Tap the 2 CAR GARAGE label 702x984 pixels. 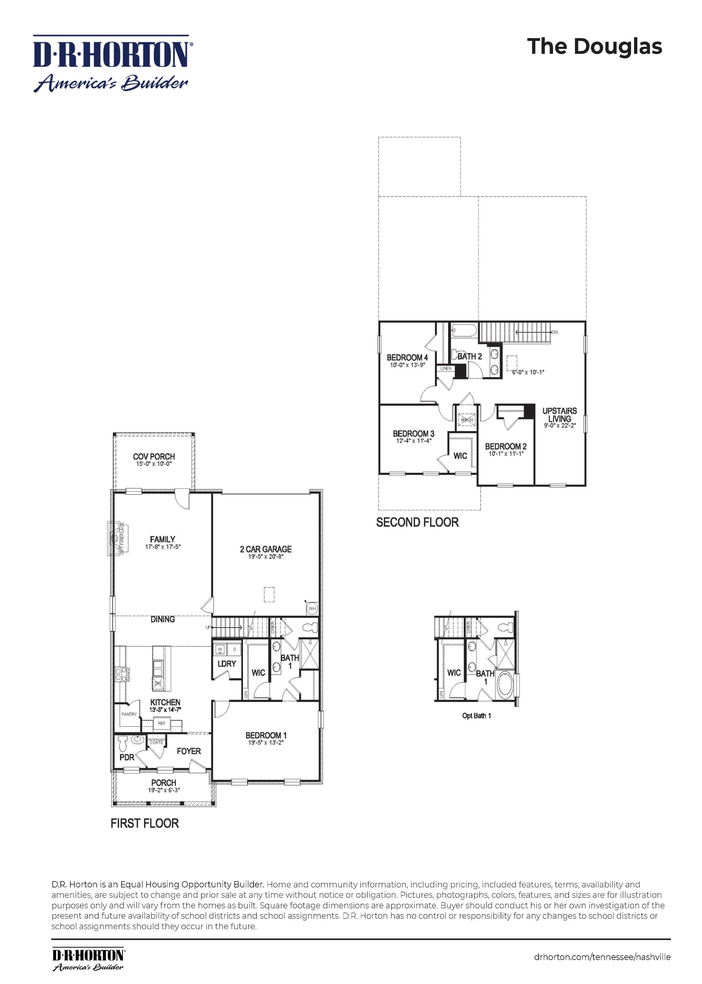pos(265,549)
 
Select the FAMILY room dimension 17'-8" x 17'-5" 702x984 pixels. pos(162,547)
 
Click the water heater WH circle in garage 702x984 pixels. pos(312,609)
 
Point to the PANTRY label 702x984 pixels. pos(129,714)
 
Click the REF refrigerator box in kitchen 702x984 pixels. pos(162,723)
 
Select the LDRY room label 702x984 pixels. pos(227,664)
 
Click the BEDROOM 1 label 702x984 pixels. pos(266,735)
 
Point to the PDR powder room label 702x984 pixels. pos(127,757)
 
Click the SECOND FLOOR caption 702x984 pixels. pos(417,522)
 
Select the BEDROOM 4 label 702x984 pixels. pos(407,357)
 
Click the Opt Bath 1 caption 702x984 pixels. pos(476,716)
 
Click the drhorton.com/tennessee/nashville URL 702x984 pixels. pos(602,957)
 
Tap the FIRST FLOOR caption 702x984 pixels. pos(144,823)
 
